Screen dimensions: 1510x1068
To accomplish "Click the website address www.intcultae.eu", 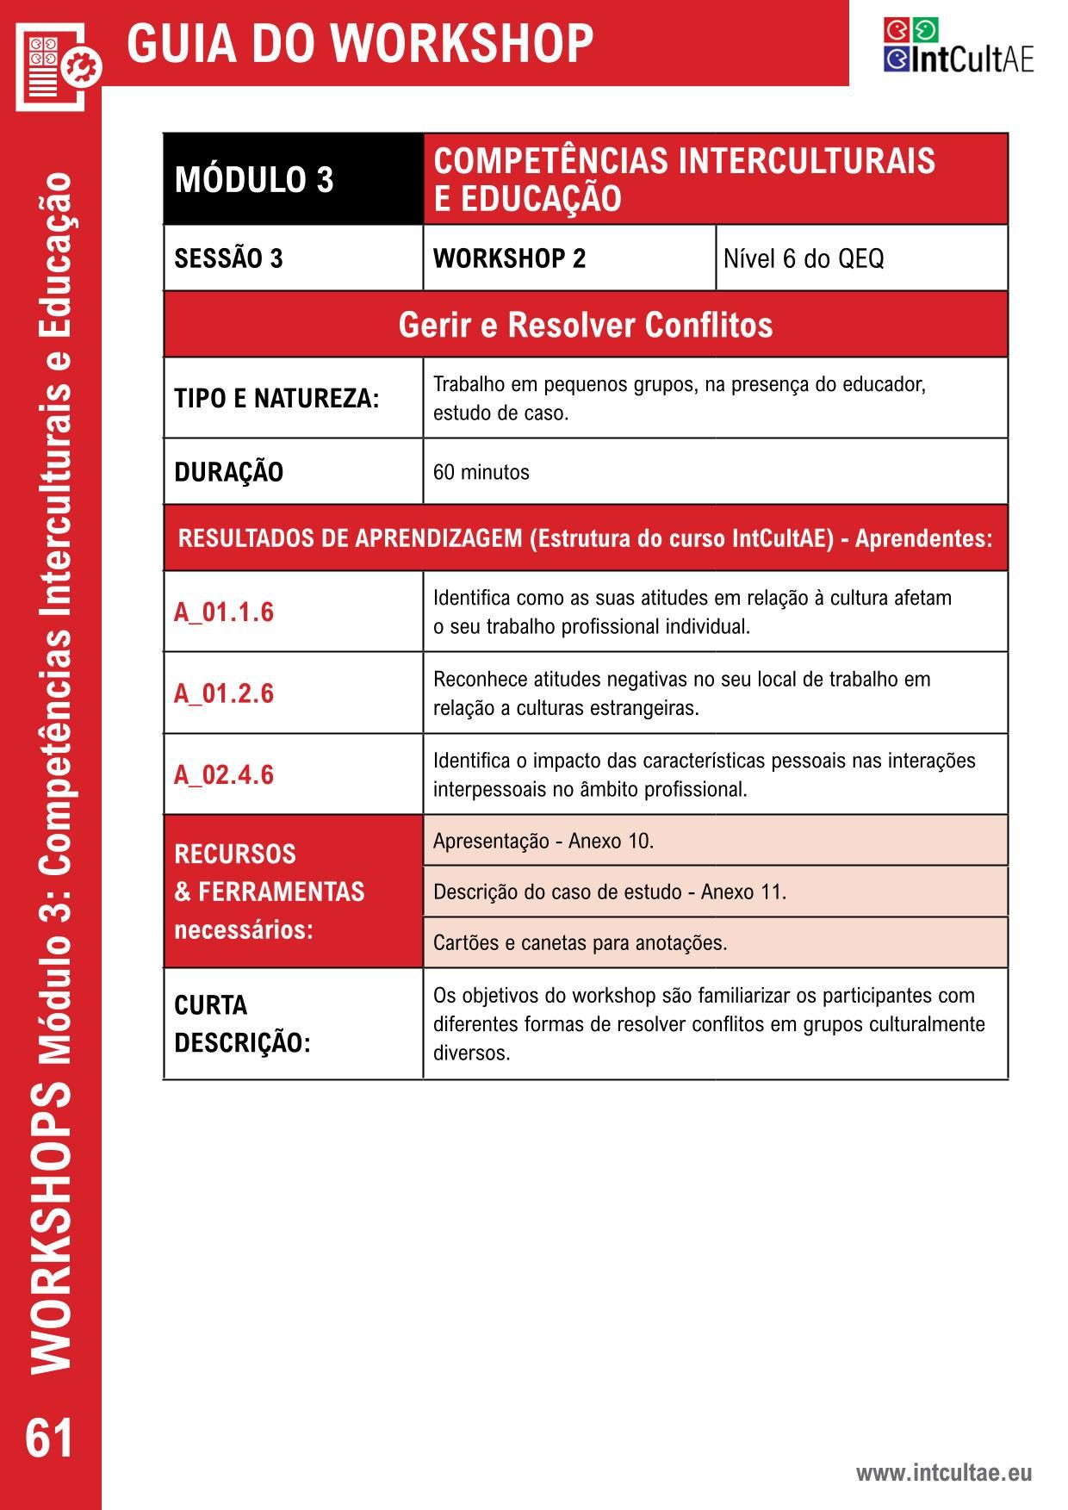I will tap(943, 1473).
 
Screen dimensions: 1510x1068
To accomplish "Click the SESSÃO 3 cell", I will tap(229, 258).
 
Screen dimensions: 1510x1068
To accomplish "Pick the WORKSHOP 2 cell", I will tap(509, 258).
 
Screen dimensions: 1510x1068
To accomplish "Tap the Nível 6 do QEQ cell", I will tap(803, 258).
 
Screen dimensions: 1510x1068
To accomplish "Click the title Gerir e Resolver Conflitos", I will tap(586, 325).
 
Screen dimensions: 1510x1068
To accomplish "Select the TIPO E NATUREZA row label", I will tap(276, 399).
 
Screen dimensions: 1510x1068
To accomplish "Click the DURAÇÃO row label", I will tap(229, 472).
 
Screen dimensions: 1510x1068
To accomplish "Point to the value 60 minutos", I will tap(481, 472).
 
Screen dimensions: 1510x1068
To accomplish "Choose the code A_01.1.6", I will tap(224, 612).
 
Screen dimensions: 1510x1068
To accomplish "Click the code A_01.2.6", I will tap(224, 693).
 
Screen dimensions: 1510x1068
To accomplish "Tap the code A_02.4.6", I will tap(224, 774).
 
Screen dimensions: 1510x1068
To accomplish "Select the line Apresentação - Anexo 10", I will tap(543, 841).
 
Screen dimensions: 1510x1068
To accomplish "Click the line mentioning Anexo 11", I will tap(610, 892).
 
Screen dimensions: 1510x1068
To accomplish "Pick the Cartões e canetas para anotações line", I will tap(580, 942).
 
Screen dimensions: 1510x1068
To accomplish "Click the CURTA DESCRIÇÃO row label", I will tap(242, 1024).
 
